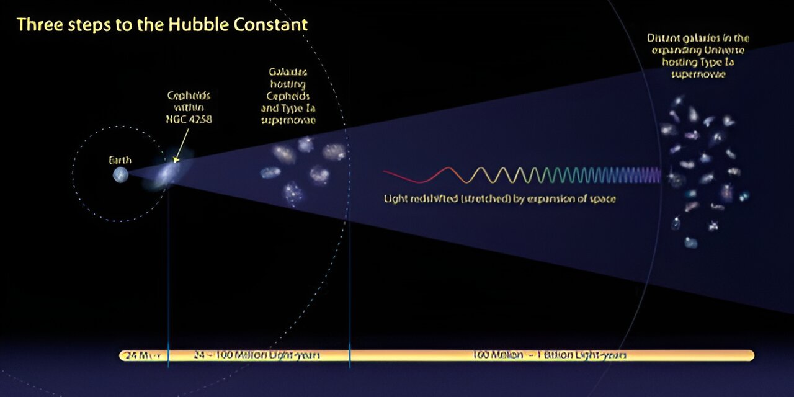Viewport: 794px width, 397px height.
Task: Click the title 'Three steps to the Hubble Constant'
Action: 162,25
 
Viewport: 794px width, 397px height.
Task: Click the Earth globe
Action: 120,175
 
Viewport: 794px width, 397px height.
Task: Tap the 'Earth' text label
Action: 120,160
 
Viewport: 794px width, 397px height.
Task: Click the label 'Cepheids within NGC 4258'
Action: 189,107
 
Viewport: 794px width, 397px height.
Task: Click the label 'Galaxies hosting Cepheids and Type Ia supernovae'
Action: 288,96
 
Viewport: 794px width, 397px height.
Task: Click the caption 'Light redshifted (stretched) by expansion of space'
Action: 499,199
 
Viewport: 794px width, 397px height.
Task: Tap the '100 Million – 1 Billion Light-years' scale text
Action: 549,355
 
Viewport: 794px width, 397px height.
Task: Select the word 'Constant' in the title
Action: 273,25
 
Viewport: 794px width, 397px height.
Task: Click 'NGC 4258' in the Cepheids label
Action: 189,119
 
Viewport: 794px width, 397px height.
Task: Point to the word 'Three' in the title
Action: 38,25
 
